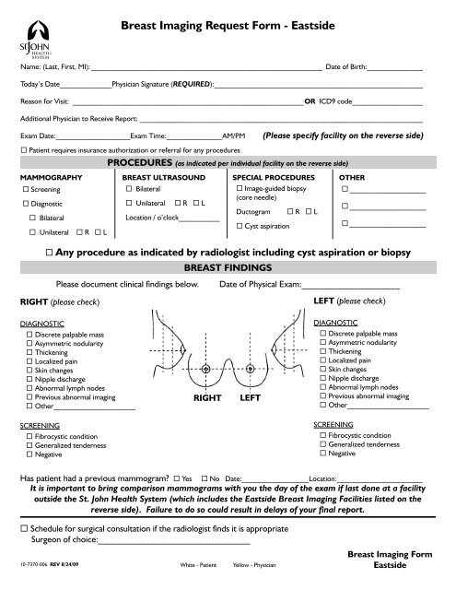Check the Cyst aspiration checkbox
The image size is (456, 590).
tap(240, 226)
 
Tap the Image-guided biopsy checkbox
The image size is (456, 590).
tap(240, 187)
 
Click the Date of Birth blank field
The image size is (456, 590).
tap(396, 67)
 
